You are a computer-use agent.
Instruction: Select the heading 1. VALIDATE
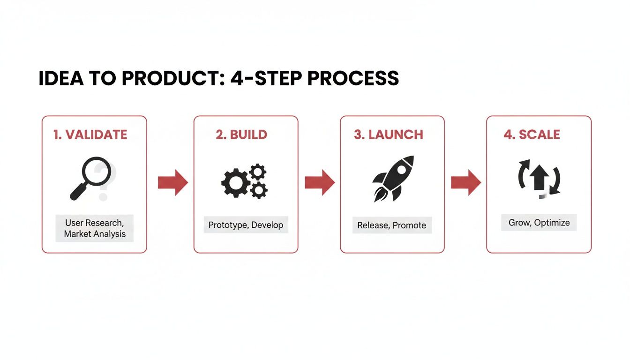coord(90,135)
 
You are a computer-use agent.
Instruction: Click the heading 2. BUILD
coord(241,135)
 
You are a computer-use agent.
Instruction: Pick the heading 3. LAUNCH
coord(389,135)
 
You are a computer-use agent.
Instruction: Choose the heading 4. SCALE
coord(532,135)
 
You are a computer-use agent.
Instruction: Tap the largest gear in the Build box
coord(234,183)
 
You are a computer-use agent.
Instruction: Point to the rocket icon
coord(393,178)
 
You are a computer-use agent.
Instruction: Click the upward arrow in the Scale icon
coord(539,178)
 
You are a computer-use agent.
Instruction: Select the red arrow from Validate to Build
coord(172,182)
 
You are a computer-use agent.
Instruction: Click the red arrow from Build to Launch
coord(319,182)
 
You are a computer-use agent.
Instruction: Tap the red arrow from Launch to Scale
coord(465,182)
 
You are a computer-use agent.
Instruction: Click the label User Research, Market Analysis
coord(95,228)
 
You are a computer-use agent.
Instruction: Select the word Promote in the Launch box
coord(409,225)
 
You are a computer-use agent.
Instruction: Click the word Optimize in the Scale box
coord(552,223)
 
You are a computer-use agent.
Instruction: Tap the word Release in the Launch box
coord(373,225)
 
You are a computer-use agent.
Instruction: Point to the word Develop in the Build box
coord(267,225)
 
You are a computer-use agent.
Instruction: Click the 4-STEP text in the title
coord(266,79)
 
